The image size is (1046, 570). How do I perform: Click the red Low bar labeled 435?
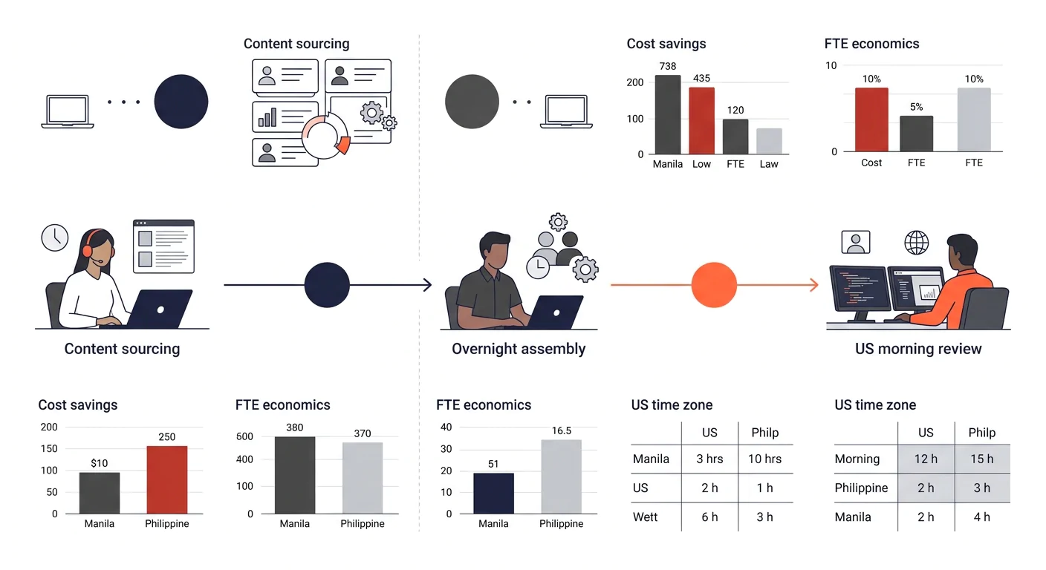[x=701, y=120]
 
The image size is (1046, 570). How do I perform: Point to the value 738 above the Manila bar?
[x=668, y=66]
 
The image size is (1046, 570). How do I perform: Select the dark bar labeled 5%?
[x=917, y=134]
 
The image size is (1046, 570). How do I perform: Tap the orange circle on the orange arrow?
[x=714, y=284]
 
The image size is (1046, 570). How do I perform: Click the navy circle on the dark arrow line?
[x=327, y=284]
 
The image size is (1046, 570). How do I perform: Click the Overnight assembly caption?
[x=519, y=349]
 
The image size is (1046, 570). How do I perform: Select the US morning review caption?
[x=918, y=349]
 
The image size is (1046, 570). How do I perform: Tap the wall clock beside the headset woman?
[x=55, y=237]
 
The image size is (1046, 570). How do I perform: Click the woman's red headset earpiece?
[x=88, y=251]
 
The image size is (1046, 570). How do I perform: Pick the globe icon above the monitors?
[x=916, y=243]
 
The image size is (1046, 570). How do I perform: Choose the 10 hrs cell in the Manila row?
[x=765, y=459]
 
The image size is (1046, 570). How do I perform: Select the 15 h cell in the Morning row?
[x=982, y=459]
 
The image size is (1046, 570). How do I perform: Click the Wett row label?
[x=645, y=517]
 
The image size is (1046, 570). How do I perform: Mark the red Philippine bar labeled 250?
[x=167, y=480]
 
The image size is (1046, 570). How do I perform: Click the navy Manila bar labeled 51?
[x=493, y=494]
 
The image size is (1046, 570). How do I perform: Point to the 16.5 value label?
[x=562, y=430]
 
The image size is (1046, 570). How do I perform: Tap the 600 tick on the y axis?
[x=244, y=436]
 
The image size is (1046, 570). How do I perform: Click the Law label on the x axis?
[x=769, y=164]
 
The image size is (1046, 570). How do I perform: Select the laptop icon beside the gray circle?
[x=566, y=112]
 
